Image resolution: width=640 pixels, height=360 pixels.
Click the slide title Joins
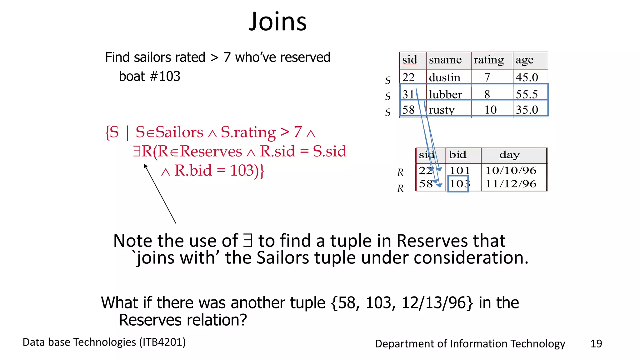pyautogui.click(x=277, y=22)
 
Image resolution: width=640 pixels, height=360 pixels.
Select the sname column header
pyautogui.click(x=445, y=60)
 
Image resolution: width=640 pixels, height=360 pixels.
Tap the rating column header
pyautogui.click(x=488, y=60)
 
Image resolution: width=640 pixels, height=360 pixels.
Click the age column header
pyautogui.click(x=524, y=60)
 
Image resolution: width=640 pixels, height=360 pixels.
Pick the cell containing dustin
pyautogui.click(x=444, y=77)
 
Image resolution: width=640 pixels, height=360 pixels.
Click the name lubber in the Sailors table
pyautogui.click(x=445, y=94)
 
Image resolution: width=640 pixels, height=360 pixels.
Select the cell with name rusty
pyautogui.click(x=442, y=110)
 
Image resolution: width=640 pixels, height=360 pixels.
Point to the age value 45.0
pyautogui.click(x=527, y=77)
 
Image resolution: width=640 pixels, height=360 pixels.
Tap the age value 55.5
pyautogui.click(x=527, y=94)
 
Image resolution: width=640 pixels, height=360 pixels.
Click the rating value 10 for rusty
pyautogui.click(x=490, y=110)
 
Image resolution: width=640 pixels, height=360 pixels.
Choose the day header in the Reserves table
pyautogui.click(x=509, y=155)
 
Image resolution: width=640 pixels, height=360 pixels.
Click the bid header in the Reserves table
pyautogui.click(x=457, y=155)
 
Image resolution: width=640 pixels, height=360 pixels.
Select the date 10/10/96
pyautogui.click(x=511, y=171)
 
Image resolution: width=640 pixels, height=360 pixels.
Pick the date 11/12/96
pyautogui.click(x=511, y=184)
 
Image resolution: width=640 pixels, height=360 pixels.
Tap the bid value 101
pyautogui.click(x=460, y=171)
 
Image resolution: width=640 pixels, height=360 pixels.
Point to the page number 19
pyautogui.click(x=596, y=344)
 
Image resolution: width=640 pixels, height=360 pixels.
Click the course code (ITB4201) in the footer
pyautogui.click(x=162, y=342)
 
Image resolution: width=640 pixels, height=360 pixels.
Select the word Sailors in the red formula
pyautogui.click(x=179, y=132)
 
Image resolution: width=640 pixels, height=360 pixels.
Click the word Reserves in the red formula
pyautogui.click(x=211, y=152)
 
